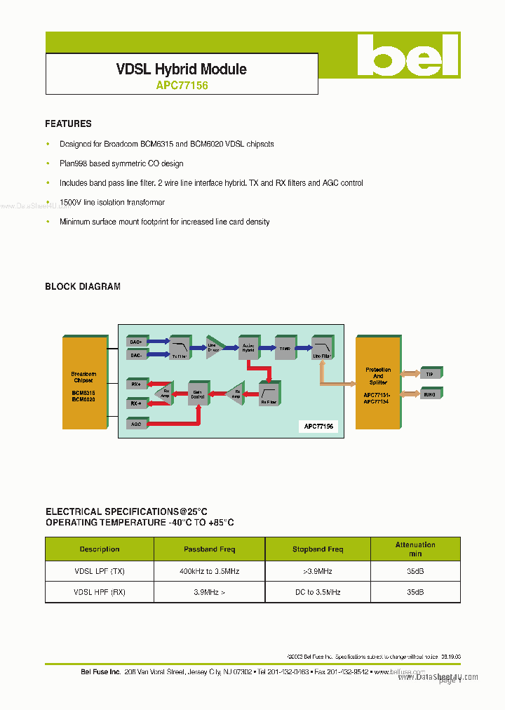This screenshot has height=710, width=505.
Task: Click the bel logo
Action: (408, 55)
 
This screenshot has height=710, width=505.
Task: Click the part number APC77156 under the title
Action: (182, 86)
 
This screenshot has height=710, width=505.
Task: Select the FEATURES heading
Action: (68, 123)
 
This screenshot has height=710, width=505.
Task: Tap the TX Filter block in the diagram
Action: (180, 348)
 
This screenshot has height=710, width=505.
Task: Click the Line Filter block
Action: (321, 348)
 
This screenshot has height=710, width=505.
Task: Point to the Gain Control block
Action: (198, 394)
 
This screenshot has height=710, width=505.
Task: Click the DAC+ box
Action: (136, 342)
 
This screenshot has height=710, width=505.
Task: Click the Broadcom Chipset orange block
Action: (83, 382)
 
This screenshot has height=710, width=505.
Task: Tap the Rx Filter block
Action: (269, 394)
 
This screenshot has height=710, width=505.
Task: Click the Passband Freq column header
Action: (210, 549)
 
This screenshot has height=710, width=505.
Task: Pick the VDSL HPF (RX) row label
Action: (100, 592)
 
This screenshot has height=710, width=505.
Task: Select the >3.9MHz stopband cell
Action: (318, 572)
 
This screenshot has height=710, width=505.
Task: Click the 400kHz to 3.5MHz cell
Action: (210, 572)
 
